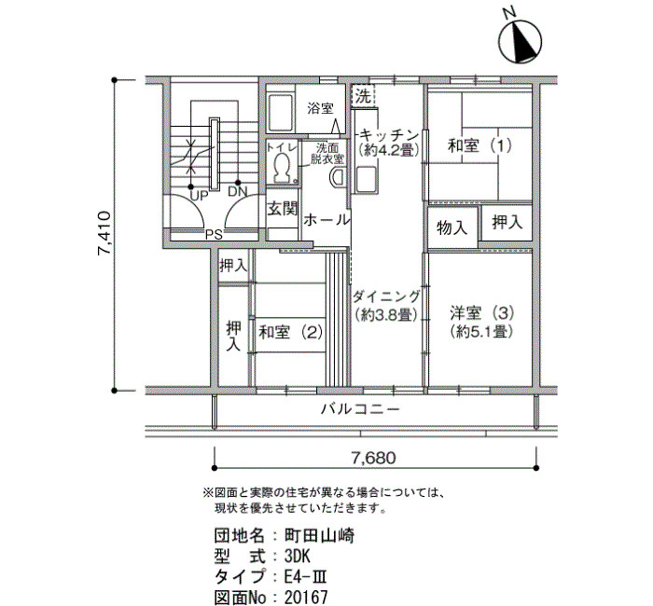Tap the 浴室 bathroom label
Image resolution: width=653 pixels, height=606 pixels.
[321, 108]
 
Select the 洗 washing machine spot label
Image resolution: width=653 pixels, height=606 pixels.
[363, 94]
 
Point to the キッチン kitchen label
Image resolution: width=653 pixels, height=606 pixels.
[388, 132]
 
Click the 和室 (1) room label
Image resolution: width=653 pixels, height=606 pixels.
[480, 145]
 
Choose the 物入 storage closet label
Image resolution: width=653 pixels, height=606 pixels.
[452, 227]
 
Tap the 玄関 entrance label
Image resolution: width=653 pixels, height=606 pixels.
[282, 208]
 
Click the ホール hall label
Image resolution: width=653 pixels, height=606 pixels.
[326, 220]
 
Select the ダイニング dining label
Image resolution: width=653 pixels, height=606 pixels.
[387, 296]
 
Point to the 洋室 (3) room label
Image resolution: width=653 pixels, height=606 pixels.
[480, 311]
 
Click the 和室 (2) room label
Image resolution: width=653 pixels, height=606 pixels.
[290, 330]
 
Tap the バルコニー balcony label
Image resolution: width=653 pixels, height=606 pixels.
[359, 409]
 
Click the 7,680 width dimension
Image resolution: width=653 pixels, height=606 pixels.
[374, 457]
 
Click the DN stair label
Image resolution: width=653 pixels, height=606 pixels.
[237, 192]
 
